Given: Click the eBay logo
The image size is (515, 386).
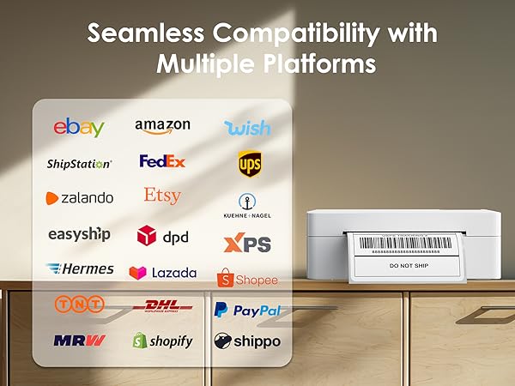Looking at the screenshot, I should pos(79,128).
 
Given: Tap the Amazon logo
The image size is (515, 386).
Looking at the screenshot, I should pos(162,126).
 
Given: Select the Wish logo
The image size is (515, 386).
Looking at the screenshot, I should pos(247,128).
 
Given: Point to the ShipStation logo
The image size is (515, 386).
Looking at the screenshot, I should pos(79,163).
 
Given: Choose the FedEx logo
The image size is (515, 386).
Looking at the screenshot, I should pos(162,161).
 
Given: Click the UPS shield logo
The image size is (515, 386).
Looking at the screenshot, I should pos(250,163).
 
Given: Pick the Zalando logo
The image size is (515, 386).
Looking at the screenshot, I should pos(80,197).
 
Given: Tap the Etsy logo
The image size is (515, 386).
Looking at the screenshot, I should pos(162,196).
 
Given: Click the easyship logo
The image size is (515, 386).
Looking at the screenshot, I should pos(78,233).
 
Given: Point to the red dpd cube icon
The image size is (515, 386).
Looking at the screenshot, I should pos(147,236).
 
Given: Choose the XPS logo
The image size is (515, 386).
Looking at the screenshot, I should pos(247,244).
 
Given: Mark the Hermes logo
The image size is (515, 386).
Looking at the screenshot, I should pos(80,269).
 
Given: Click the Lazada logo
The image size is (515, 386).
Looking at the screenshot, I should pos(162,273).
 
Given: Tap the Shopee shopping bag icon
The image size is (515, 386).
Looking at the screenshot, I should pos(226,279).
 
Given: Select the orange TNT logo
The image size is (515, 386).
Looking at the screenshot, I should pos(79,304).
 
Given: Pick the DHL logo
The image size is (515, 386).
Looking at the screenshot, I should pos(163,305).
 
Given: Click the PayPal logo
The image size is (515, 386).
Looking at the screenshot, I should pos(247,310).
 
